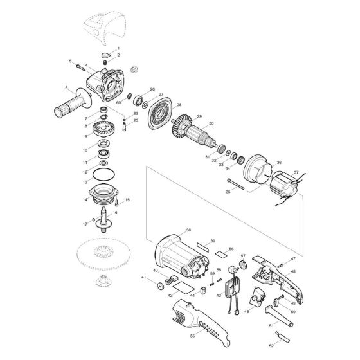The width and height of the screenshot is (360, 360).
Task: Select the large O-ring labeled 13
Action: (102, 176)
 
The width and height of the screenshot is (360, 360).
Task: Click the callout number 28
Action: (179, 105)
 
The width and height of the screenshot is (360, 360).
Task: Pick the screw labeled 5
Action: (80, 66)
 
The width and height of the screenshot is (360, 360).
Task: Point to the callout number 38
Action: (188, 230)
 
